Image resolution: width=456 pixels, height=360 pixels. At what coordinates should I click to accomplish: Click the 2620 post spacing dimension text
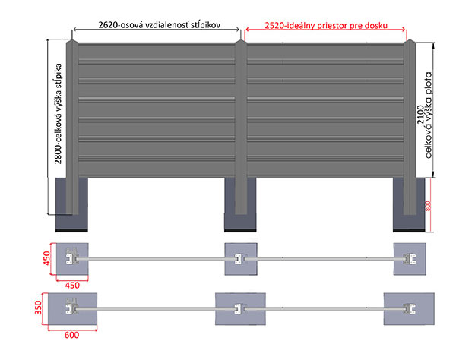pos(160,25)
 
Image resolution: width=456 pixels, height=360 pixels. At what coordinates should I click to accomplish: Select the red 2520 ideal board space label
pos(326,26)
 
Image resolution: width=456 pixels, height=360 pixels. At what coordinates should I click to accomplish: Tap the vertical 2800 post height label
pos(59,114)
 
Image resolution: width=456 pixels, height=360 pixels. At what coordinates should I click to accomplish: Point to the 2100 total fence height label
pos(424,115)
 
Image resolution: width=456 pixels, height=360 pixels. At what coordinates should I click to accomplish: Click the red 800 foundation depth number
pos(428,206)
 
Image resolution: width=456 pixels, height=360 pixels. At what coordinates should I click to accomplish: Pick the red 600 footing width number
pos(71,335)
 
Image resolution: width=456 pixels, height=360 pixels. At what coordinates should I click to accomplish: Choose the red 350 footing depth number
pos(39,308)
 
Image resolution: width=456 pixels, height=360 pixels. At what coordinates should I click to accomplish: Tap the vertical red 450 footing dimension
pos(46,258)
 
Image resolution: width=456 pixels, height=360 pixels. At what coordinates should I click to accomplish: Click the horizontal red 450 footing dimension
pos(72,286)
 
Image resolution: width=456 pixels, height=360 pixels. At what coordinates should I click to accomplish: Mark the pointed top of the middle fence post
pos(241,40)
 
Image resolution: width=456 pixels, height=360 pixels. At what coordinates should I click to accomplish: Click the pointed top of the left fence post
pos(72,40)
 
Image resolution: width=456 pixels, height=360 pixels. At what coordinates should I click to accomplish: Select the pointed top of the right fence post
pos(410,40)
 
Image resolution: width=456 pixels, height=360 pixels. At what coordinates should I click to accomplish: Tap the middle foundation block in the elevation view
pos(240,205)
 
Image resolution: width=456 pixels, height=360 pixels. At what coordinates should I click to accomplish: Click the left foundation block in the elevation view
pos(71,205)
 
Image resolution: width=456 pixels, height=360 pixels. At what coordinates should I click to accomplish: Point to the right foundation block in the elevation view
pos(409,205)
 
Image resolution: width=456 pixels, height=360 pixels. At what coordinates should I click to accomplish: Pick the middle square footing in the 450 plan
pos(241,259)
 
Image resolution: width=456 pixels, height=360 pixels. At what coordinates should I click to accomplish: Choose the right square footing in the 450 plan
pos(410,259)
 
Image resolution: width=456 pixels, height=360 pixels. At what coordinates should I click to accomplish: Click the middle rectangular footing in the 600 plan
pos(240,309)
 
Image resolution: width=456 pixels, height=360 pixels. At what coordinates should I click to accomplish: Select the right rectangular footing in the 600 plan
pos(409,309)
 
